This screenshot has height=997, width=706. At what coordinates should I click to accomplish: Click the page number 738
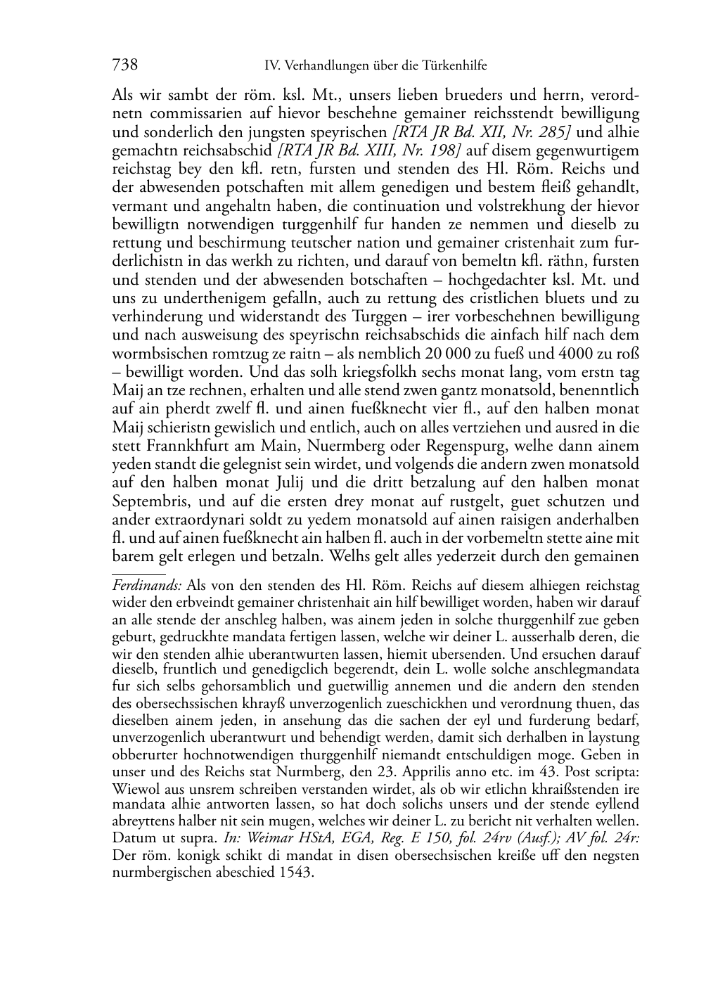(x=124, y=66)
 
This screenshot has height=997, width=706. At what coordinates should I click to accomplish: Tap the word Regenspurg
(x=461, y=446)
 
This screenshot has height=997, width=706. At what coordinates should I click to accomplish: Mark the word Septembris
(x=148, y=501)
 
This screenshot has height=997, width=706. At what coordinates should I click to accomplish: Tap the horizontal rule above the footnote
(x=139, y=574)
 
